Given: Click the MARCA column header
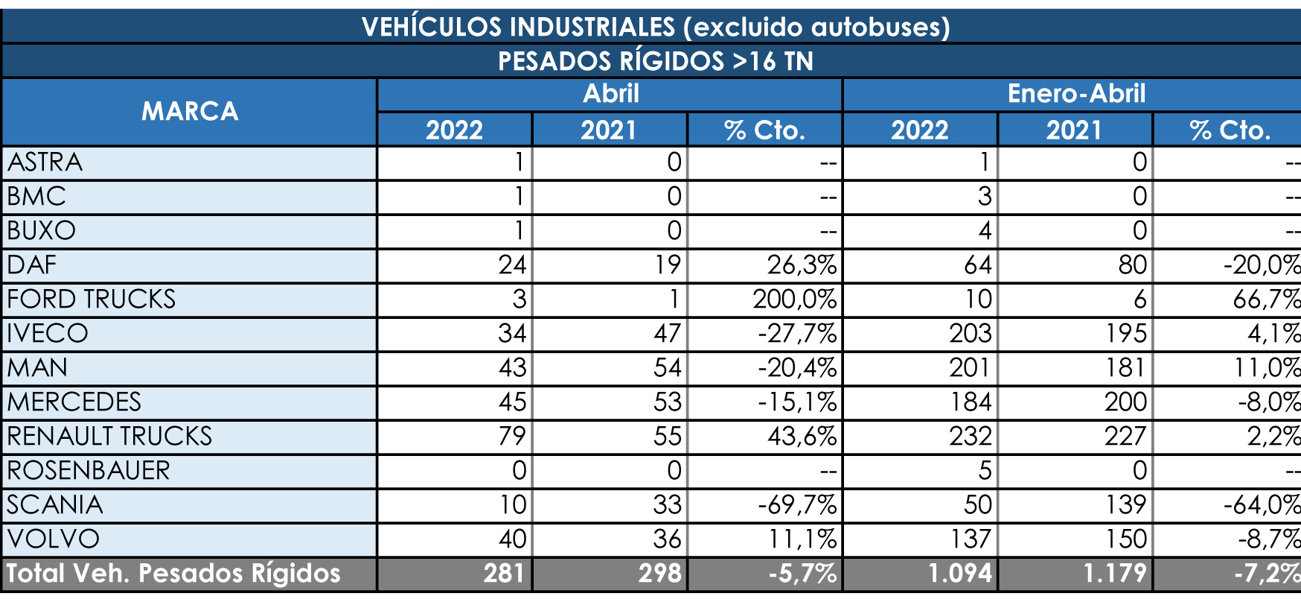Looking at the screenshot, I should pyautogui.click(x=190, y=112).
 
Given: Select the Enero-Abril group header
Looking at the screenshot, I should pyautogui.click(x=1075, y=94).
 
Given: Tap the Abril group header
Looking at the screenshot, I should pyautogui.click(x=610, y=94).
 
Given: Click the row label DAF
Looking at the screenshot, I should pyautogui.click(x=32, y=265).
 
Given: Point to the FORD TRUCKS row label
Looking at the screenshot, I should pyautogui.click(x=91, y=300).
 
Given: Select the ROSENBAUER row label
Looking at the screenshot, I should pyautogui.click(x=88, y=471).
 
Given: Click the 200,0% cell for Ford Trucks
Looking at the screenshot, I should pyautogui.click(x=794, y=300).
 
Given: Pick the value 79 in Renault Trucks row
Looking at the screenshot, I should pyautogui.click(x=512, y=437).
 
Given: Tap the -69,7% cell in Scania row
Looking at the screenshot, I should pyautogui.click(x=797, y=505).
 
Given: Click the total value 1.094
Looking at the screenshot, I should pyautogui.click(x=959, y=573).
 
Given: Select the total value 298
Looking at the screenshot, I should pyautogui.click(x=659, y=573).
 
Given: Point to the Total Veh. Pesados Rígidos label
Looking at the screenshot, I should pyautogui.click(x=173, y=573).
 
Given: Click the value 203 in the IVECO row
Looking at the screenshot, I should pyautogui.click(x=970, y=334).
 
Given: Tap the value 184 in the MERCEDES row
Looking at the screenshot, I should pyautogui.click(x=970, y=402).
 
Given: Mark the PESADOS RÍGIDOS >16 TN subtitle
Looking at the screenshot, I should pyautogui.click(x=655, y=61).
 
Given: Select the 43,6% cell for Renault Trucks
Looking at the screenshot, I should pyautogui.click(x=802, y=437).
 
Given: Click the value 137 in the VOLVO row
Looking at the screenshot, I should pyautogui.click(x=970, y=539).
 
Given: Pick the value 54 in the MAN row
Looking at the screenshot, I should pyautogui.click(x=667, y=368).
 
